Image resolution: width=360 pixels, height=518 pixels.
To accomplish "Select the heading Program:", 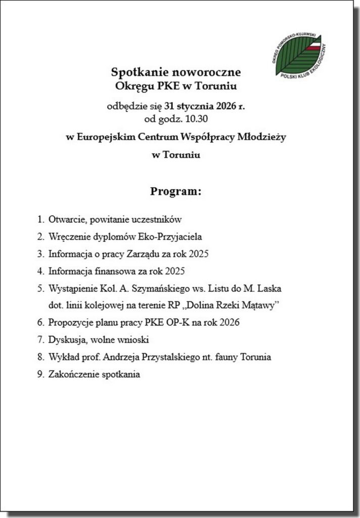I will click(175, 192).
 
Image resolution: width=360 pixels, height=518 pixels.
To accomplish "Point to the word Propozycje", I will click(71, 322).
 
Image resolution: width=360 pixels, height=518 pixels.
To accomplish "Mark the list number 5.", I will click(40, 288).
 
